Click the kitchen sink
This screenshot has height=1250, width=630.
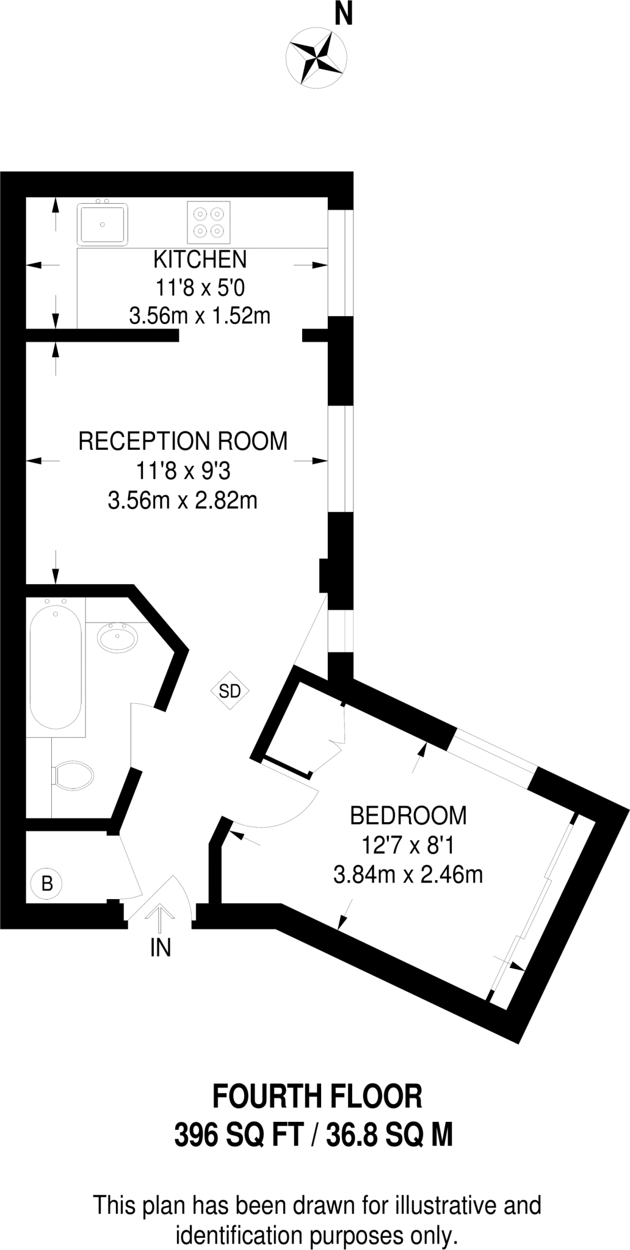(x=103, y=224)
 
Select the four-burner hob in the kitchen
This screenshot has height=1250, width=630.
(x=208, y=222)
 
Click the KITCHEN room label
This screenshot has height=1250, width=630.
(x=200, y=259)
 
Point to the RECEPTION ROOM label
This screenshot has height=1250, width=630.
(x=183, y=441)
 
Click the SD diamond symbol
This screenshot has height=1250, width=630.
(x=230, y=691)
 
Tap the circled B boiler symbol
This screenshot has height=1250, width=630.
(x=47, y=883)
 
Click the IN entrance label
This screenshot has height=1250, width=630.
(x=161, y=948)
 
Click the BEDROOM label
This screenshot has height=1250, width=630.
(x=408, y=815)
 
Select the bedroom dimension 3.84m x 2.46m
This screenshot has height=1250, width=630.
(x=408, y=875)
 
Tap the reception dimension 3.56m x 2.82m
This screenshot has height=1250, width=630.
(x=183, y=500)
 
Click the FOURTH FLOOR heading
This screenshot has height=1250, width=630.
(x=316, y=1097)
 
